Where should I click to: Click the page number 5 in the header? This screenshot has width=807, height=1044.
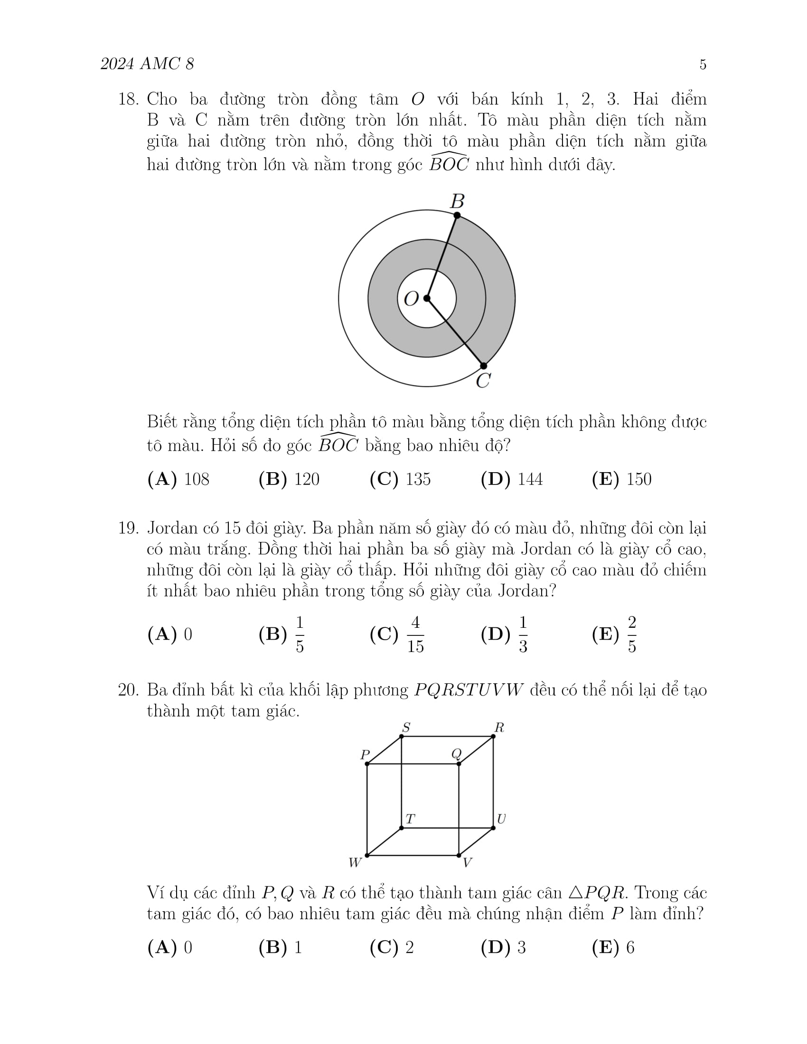(x=702, y=65)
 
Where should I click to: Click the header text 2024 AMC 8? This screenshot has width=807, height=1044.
(x=147, y=64)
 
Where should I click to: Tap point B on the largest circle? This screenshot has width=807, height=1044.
(x=457, y=215)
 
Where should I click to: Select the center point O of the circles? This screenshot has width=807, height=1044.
(x=427, y=298)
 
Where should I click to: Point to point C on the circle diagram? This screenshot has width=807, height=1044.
(x=483, y=366)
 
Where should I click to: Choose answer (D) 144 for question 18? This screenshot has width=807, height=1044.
(x=512, y=479)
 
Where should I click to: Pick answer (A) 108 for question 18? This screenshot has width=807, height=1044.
(x=178, y=479)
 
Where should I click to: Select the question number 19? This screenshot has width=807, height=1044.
(x=128, y=528)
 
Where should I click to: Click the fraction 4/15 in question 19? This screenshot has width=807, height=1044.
(x=415, y=634)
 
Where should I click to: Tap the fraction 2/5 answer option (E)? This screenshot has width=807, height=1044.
(x=631, y=634)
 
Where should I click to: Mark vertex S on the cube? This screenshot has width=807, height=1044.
(x=402, y=736)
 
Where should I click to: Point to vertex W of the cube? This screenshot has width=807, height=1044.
(x=367, y=855)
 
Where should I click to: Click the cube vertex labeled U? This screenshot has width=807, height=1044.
(x=493, y=828)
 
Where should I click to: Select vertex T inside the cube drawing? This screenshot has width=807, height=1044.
(x=402, y=828)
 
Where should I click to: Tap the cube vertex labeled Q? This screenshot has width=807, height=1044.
(x=459, y=764)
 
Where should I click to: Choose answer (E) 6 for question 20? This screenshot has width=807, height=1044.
(x=613, y=948)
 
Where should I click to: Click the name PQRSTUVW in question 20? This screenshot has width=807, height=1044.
(x=469, y=690)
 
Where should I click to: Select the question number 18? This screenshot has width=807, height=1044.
(x=128, y=100)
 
